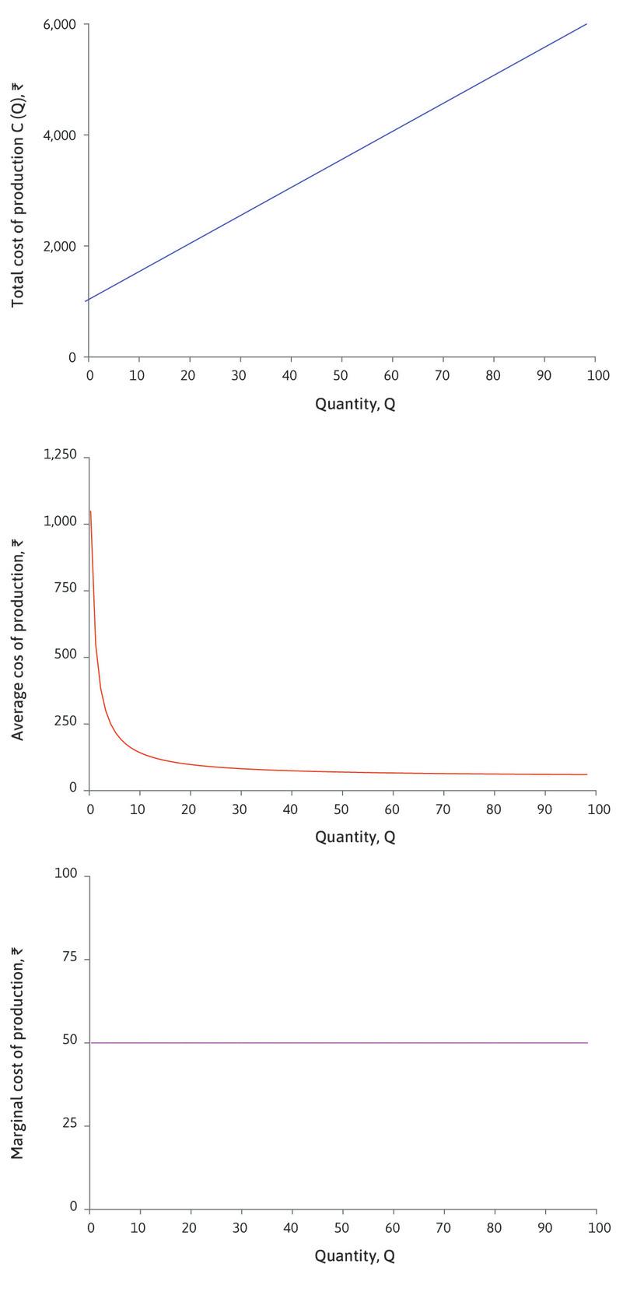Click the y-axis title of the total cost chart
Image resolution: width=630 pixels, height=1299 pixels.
click(18, 191)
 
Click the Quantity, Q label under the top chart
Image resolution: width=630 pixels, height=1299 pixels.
click(355, 405)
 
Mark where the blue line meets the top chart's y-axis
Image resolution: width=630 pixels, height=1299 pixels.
click(89, 300)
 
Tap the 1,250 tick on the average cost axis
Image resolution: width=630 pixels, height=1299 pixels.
click(62, 456)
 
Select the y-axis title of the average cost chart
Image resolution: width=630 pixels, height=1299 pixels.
click(18, 623)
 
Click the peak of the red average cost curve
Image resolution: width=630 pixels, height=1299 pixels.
click(91, 511)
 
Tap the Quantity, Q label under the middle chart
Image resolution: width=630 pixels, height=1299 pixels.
click(355, 838)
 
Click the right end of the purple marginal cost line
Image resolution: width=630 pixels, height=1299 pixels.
click(587, 1042)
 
